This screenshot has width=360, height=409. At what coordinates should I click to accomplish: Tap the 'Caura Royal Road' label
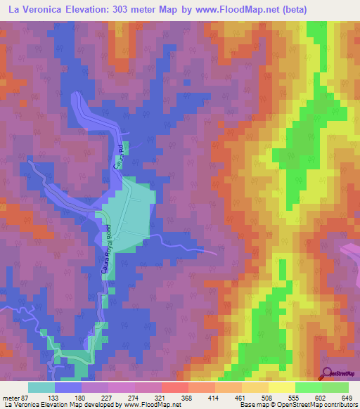(110, 250)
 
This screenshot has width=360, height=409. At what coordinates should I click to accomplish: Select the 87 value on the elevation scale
(26, 398)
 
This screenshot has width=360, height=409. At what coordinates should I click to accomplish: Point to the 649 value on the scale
(346, 398)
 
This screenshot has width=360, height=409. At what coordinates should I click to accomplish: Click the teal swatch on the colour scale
(41, 387)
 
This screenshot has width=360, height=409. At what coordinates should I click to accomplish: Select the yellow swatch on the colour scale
(282, 387)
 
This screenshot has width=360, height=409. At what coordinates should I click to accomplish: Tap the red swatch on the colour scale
(174, 387)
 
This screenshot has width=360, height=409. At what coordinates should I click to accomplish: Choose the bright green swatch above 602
(309, 387)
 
